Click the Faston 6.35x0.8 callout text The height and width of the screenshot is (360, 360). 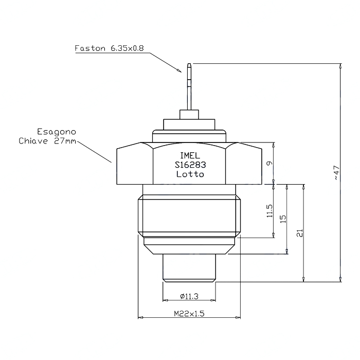coord(109,48)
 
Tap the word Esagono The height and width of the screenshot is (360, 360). coord(57,132)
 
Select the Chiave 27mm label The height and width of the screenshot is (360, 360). coord(47,141)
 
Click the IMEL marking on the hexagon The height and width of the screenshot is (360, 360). coord(190,156)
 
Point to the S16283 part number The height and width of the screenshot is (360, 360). coord(190,165)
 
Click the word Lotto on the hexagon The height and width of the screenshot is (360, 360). coord(190,174)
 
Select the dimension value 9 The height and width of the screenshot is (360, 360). coord(269,163)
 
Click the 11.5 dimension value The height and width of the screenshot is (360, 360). coord(269,211)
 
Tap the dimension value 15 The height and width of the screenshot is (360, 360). coord(283,219)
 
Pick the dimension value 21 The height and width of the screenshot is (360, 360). coord(300,233)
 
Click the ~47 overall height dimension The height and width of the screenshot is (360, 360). coord(336,172)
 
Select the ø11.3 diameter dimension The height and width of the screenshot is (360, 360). coord(189,296)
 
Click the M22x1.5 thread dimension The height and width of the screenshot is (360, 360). coord(189,313)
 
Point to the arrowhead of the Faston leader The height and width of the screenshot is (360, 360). coord(179,70)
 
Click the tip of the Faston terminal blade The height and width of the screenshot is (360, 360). coord(189,64)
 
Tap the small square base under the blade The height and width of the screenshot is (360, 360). coord(189,115)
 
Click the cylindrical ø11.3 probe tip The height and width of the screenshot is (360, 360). coord(189,268)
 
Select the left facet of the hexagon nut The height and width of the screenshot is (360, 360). coord(135,164)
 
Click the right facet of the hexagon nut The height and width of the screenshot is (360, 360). coord(244,164)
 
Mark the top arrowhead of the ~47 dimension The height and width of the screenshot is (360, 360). coord(340,66)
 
